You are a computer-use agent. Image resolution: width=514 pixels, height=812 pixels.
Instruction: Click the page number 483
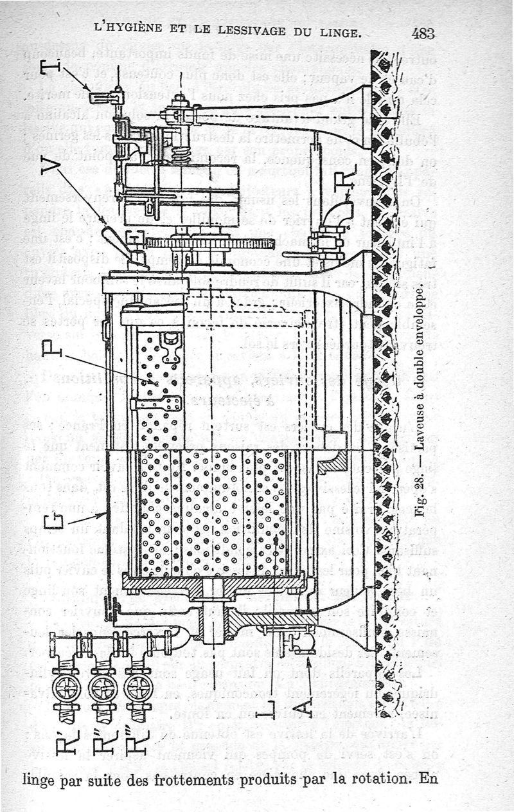tap(423, 33)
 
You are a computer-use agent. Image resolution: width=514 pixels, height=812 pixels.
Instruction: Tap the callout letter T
tap(51, 67)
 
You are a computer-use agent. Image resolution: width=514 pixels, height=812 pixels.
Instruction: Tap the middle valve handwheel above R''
tap(103, 689)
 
